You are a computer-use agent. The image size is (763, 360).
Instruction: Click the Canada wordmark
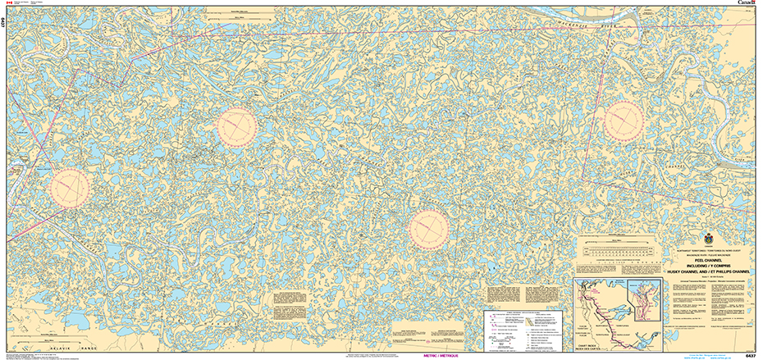point(745,4)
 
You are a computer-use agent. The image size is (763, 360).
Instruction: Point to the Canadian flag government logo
point(10,4)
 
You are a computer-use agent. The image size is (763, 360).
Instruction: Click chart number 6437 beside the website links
point(750,355)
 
